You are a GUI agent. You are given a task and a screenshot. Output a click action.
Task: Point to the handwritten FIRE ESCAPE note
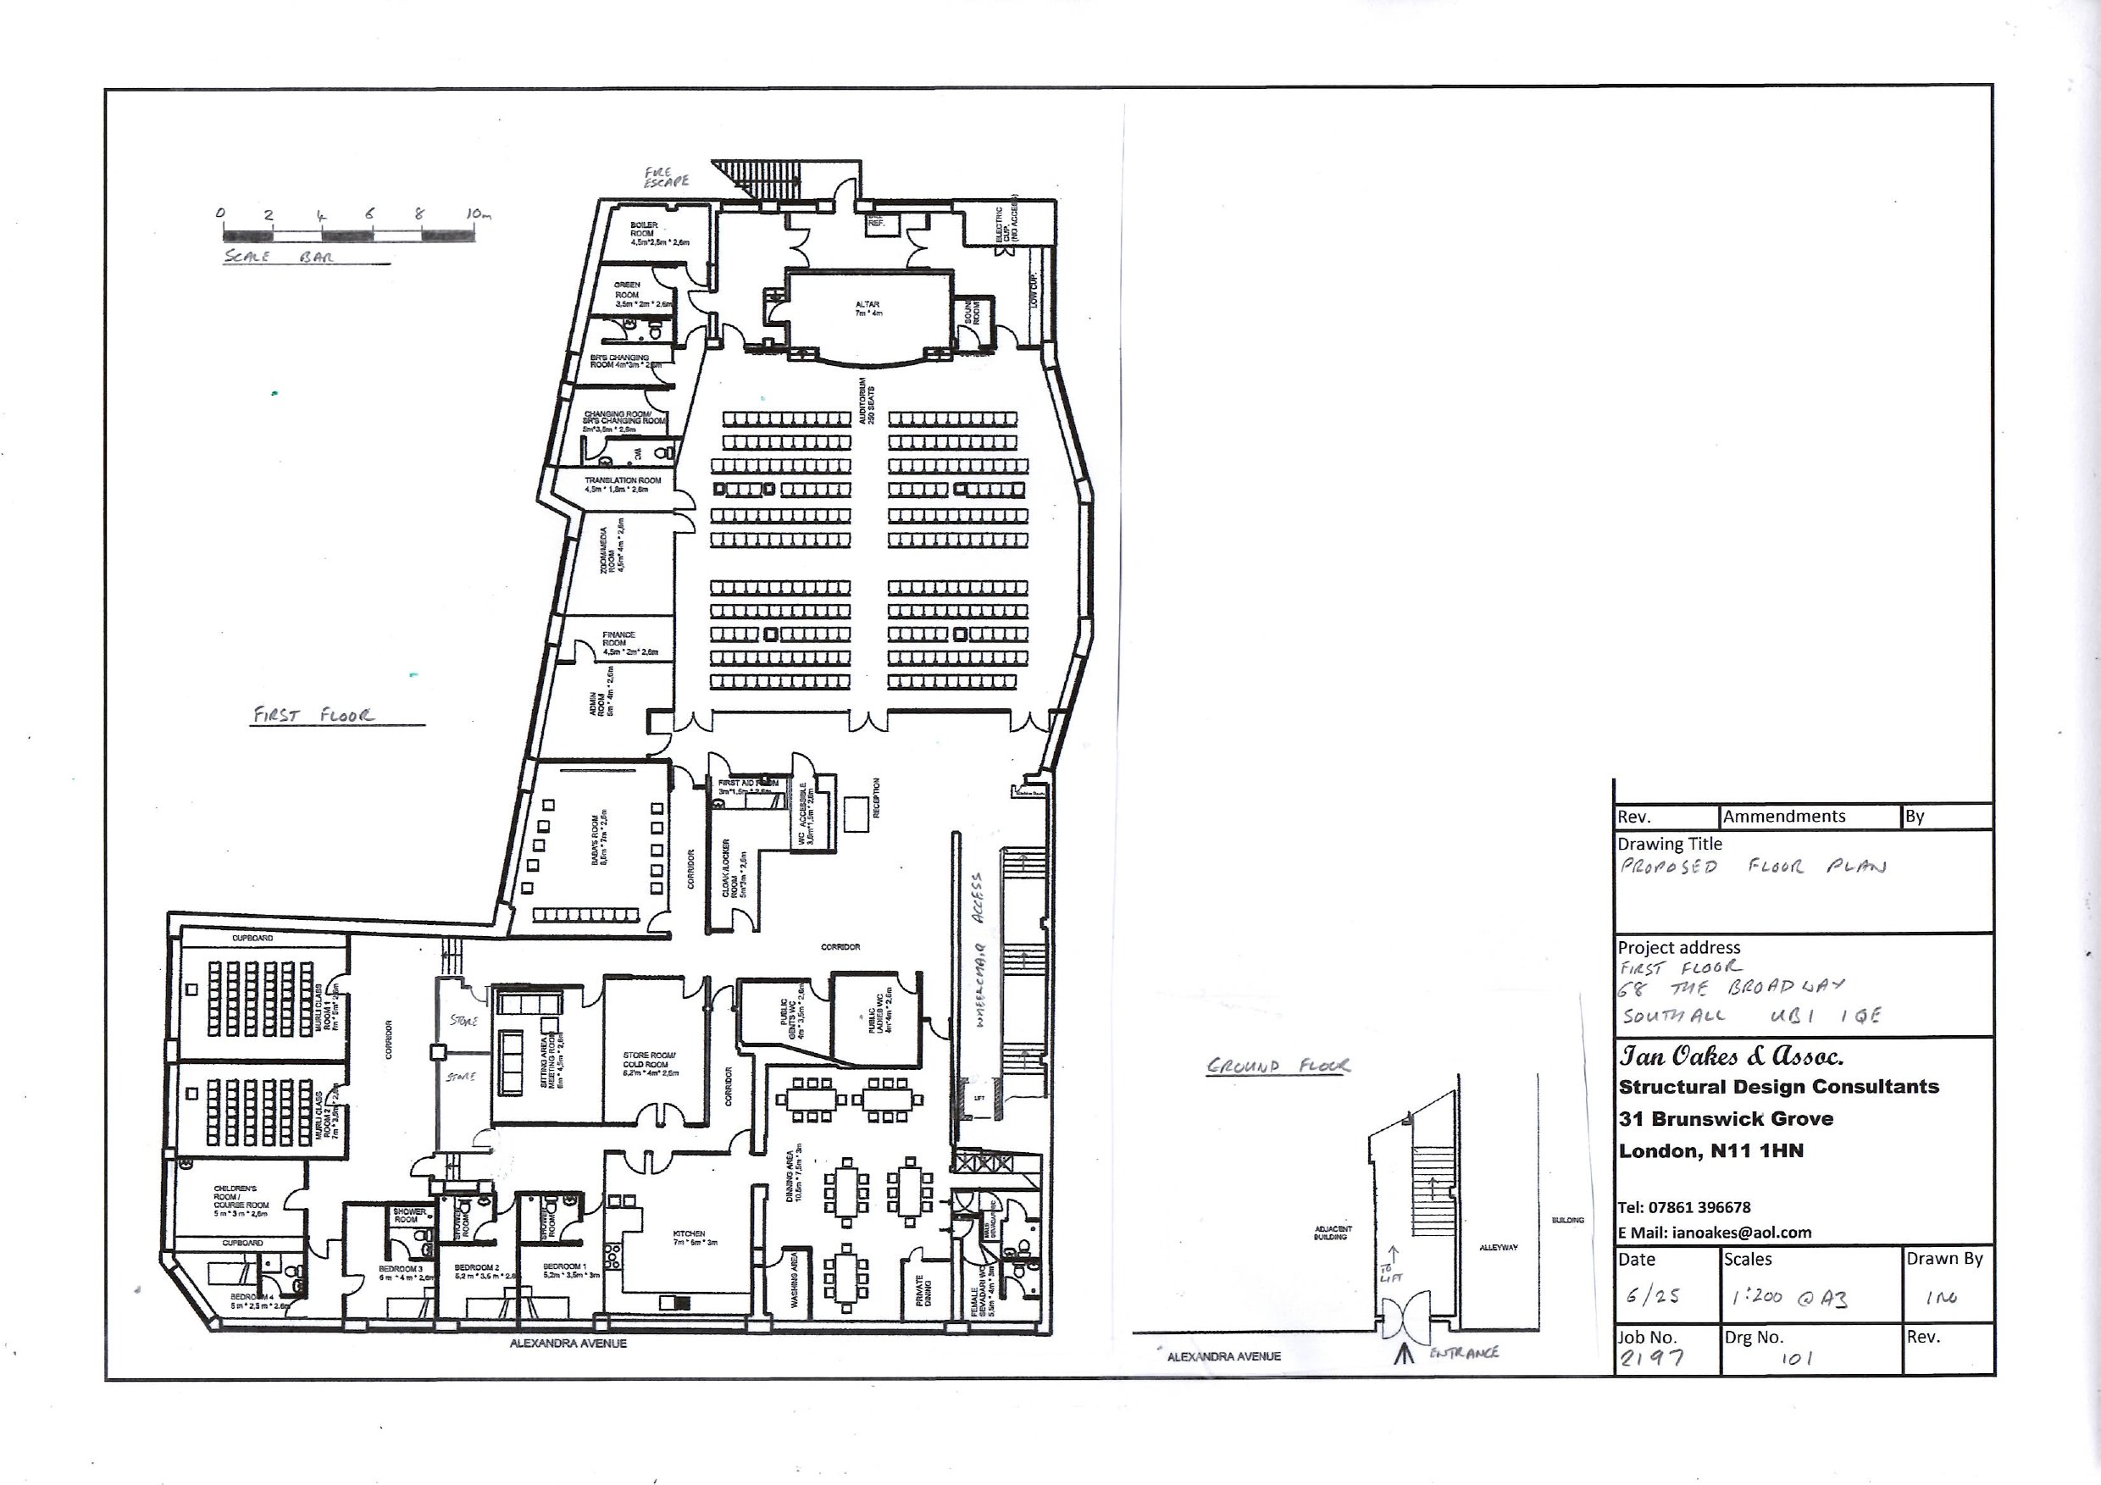click(x=665, y=176)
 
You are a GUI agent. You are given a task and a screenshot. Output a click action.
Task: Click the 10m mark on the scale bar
click(x=477, y=214)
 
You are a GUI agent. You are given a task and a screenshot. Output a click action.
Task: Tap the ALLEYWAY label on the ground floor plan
click(x=1498, y=1247)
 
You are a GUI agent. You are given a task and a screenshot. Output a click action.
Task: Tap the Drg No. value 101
click(x=1796, y=1358)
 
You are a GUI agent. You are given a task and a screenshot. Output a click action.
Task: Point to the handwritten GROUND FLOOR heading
click(x=1278, y=1065)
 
